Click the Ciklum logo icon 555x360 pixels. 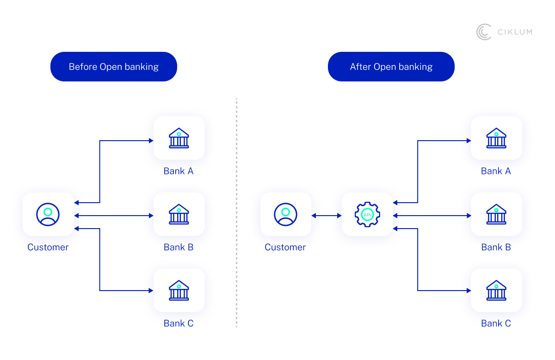(484, 32)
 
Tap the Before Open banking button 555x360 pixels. (114, 67)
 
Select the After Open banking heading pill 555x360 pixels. (391, 67)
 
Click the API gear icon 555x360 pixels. (367, 214)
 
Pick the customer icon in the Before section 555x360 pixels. (48, 214)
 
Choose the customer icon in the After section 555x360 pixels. (285, 214)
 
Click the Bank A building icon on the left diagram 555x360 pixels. (179, 138)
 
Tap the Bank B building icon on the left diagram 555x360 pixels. (179, 214)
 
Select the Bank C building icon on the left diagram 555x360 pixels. (179, 290)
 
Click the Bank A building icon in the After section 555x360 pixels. (496, 138)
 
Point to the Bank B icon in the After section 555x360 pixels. (496, 214)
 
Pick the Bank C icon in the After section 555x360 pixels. (496, 290)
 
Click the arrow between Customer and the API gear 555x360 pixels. (326, 216)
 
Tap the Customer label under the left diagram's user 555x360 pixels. (48, 247)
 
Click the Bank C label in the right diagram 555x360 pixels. (496, 323)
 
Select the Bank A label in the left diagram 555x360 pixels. (179, 171)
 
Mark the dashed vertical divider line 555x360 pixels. (236, 213)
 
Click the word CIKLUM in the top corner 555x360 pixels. (515, 32)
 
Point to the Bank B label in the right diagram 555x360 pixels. (496, 247)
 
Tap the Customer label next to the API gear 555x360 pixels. (285, 247)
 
